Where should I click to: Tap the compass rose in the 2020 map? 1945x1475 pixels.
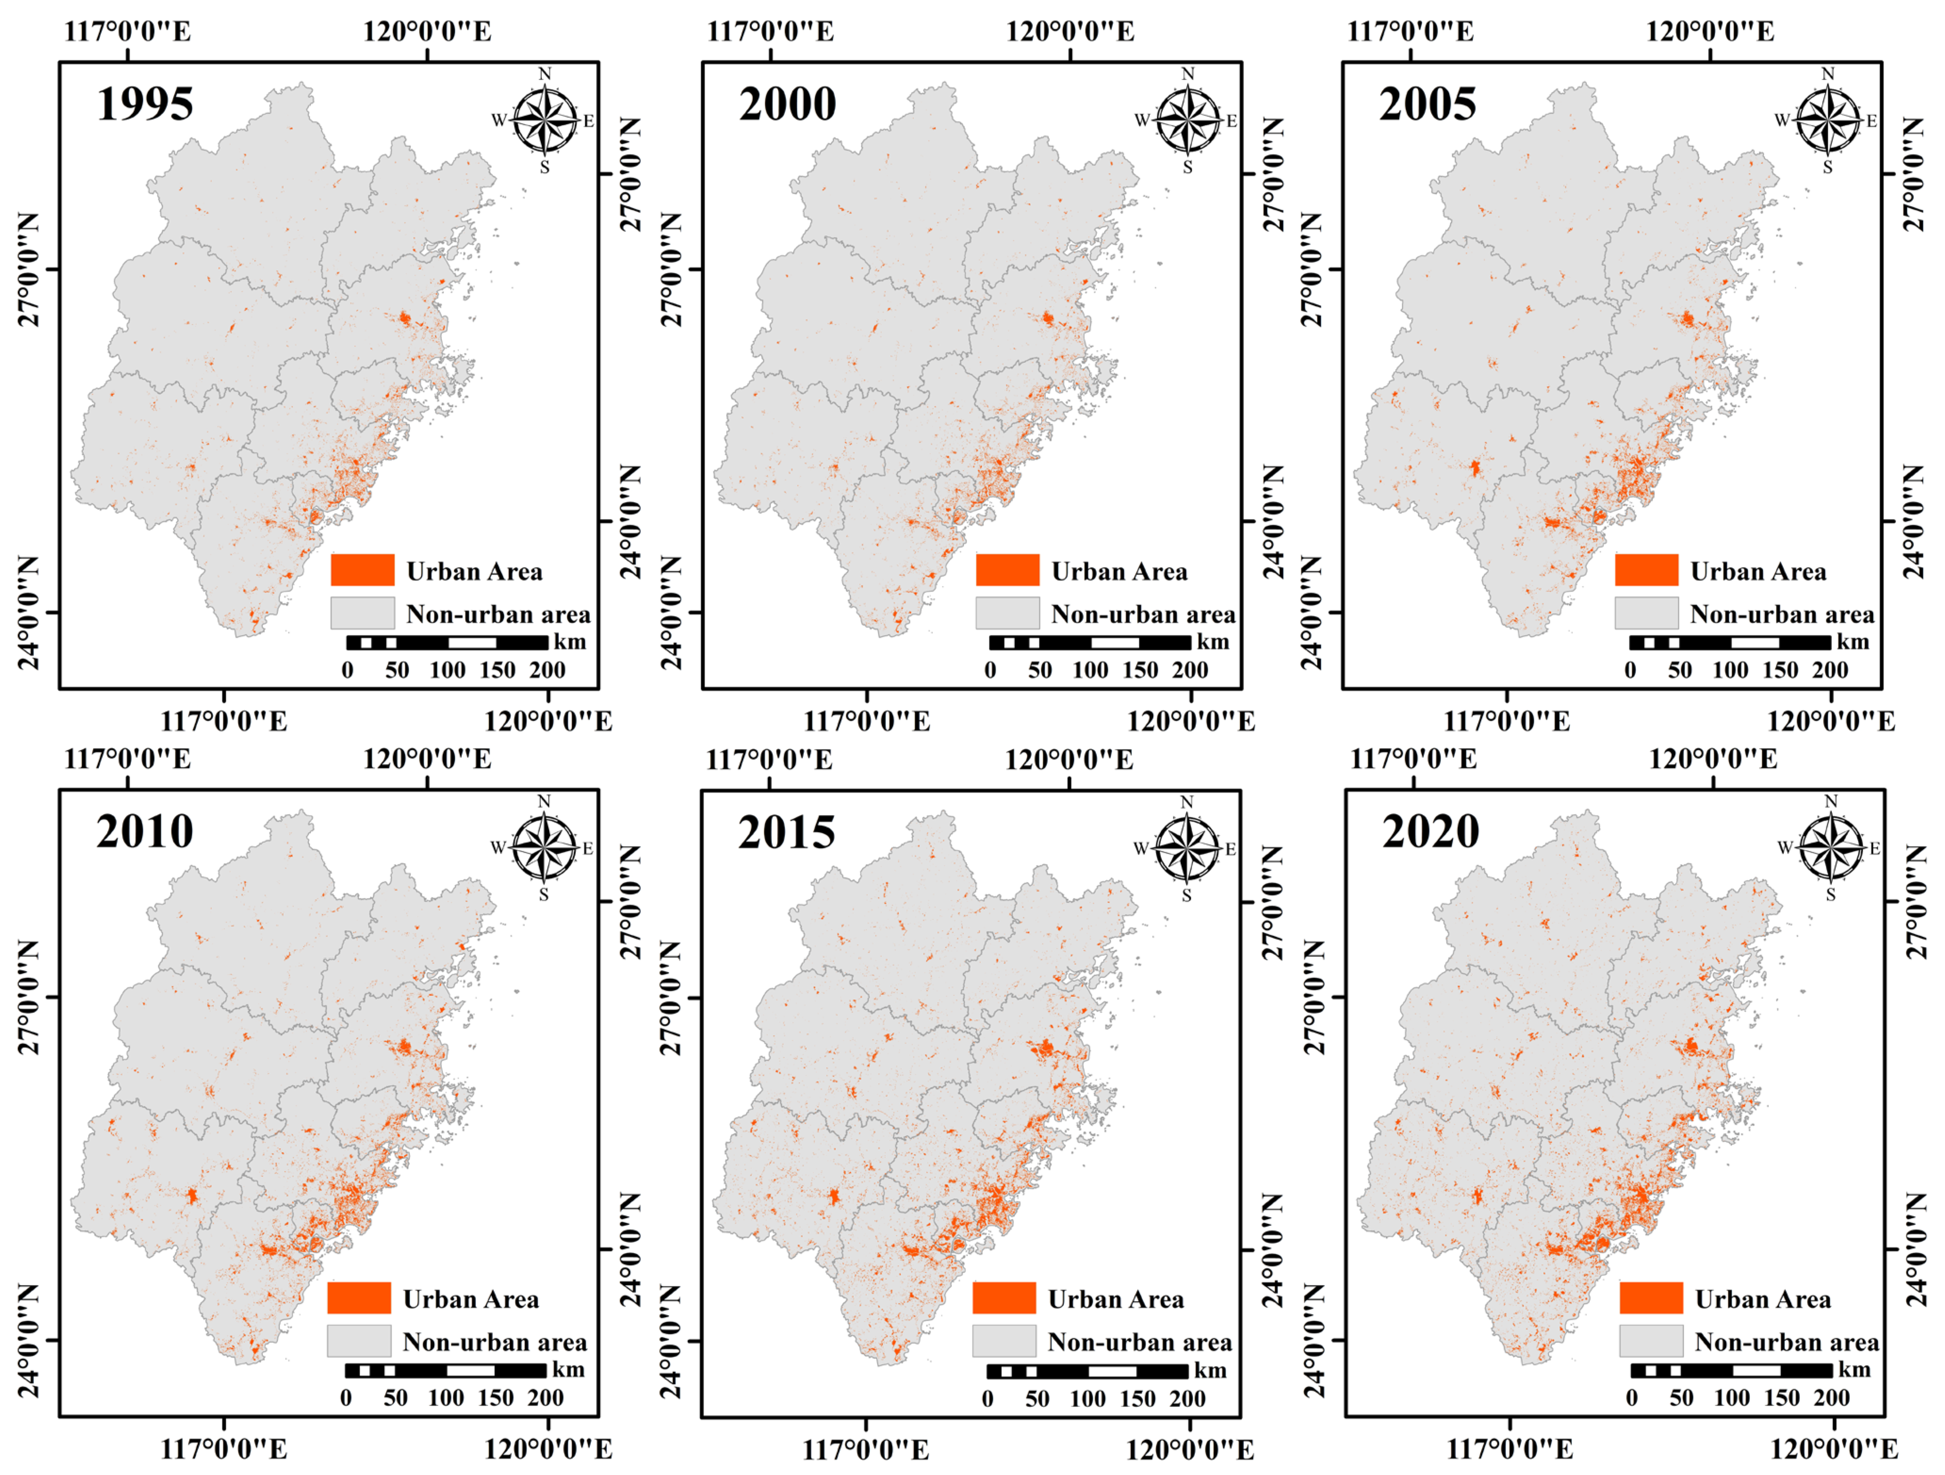[x=1831, y=848]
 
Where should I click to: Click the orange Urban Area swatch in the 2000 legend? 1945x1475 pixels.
[x=1007, y=570]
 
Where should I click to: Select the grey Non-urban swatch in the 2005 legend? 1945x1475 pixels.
[x=1646, y=613]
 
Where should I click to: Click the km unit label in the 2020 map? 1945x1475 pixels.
[x=1854, y=1369]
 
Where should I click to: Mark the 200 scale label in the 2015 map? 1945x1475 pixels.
[x=1187, y=1399]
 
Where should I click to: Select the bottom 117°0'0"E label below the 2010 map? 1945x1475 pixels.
[x=223, y=1449]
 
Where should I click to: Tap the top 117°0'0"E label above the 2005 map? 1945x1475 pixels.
[x=1410, y=32]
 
